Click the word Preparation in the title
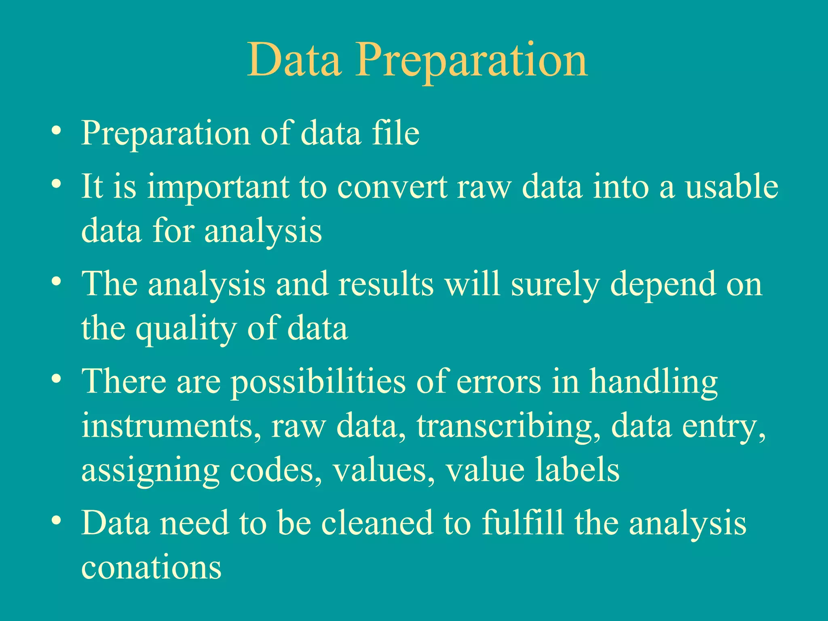point(471,61)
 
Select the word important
point(218,187)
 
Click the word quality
point(186,329)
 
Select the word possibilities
point(318,382)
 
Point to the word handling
point(653,382)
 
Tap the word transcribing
point(508,426)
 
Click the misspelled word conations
point(151,567)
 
